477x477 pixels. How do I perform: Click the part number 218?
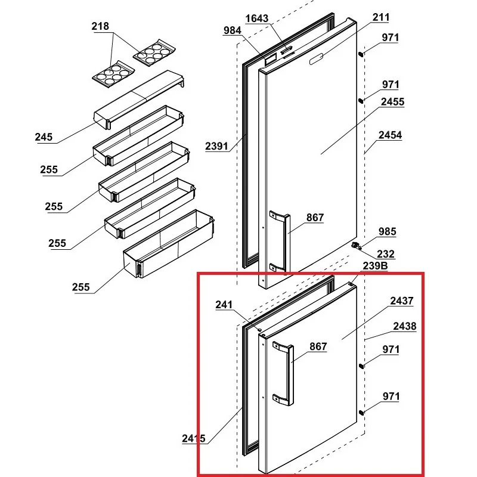pos(100,27)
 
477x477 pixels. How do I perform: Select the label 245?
pos(44,137)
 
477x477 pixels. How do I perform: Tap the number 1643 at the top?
pos(256,18)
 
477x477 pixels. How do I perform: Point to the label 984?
pos(233,30)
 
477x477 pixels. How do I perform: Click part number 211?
pos(380,17)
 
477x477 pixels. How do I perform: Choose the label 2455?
pos(392,102)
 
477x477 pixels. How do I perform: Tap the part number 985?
pos(387,231)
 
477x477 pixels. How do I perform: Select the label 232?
pos(386,254)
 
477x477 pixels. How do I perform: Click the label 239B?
pos(375,266)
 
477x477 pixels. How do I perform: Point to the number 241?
pos(224,305)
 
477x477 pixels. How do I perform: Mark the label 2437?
pos(401,302)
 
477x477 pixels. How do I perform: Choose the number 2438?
pos(404,327)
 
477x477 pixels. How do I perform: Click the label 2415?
pos(194,439)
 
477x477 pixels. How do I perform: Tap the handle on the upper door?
pos(278,241)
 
